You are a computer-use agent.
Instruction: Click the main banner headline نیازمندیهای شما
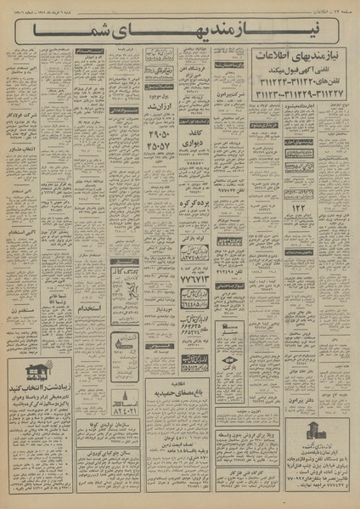[179, 31]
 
